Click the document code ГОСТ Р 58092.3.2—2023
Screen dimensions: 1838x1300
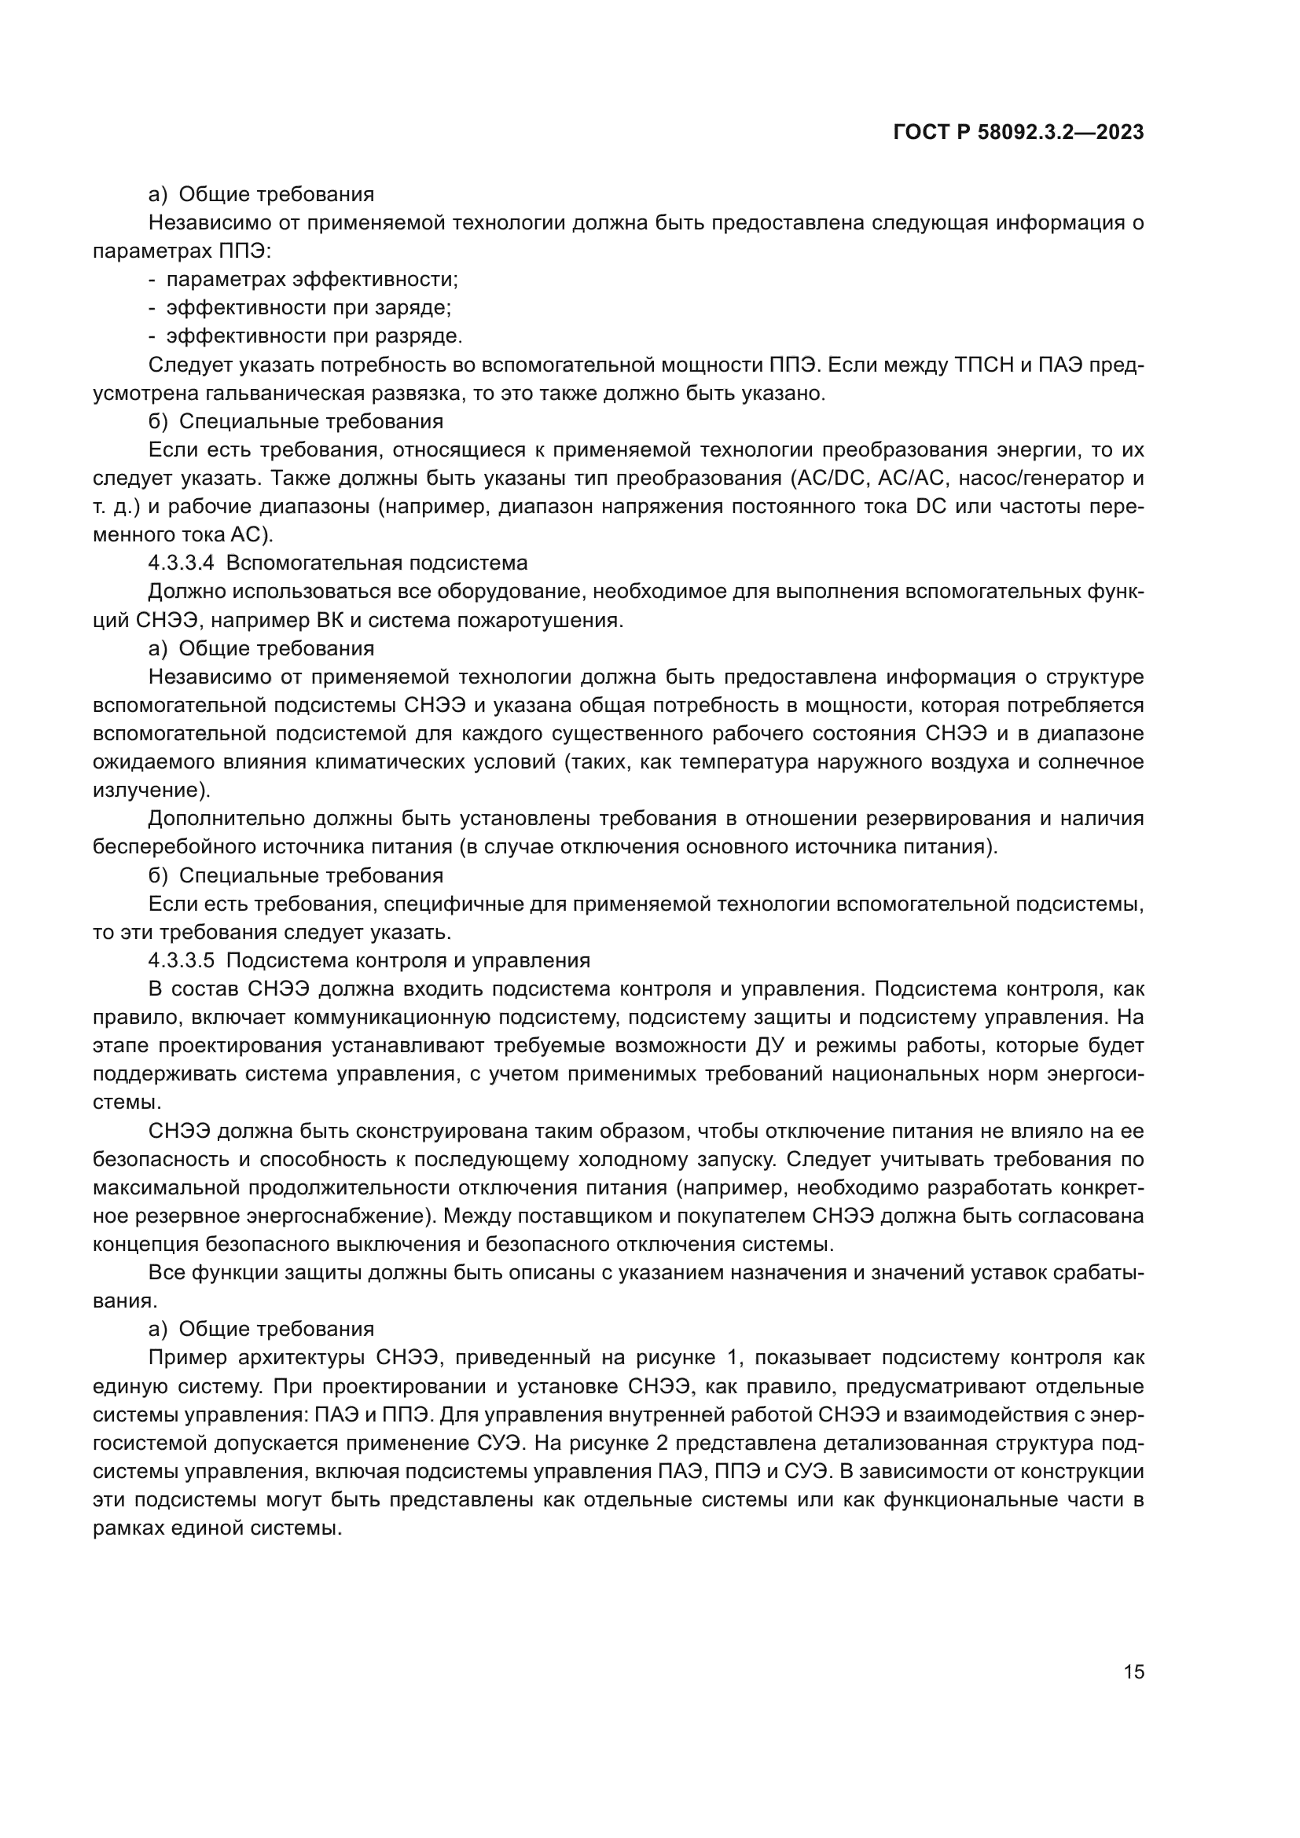[1018, 133]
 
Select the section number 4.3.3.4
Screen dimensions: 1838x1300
[181, 563]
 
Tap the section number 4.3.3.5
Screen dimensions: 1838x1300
[181, 960]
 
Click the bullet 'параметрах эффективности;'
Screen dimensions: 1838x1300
[312, 280]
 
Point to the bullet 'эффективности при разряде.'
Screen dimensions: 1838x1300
[314, 336]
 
